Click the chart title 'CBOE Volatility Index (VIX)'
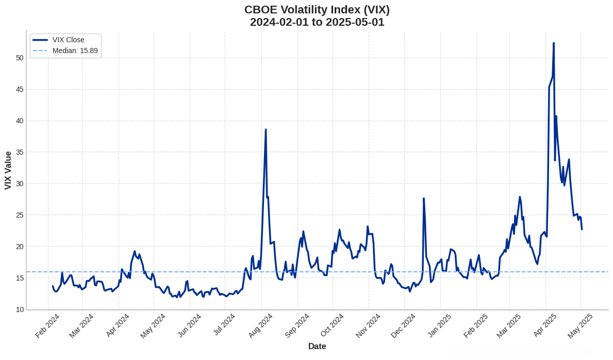coord(317,10)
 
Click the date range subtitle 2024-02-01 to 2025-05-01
coord(317,22)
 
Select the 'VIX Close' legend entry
coord(68,40)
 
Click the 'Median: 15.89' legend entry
coord(75,51)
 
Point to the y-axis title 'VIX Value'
coord(8,170)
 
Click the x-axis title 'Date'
coord(317,346)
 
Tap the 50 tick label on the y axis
coord(20,58)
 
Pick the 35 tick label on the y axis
coord(20,152)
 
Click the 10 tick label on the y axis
coord(20,309)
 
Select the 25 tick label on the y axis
coord(20,215)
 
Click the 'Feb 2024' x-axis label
coord(47,325)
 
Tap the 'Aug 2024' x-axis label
coord(260,325)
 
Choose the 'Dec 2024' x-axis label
coord(403,325)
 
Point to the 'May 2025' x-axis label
coord(580,325)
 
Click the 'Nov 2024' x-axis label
coord(368,325)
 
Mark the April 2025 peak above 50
coord(554,43)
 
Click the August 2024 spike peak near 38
coord(266,130)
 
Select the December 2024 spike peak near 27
coord(424,199)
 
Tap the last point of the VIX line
coord(582,229)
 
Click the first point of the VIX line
coord(53,286)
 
